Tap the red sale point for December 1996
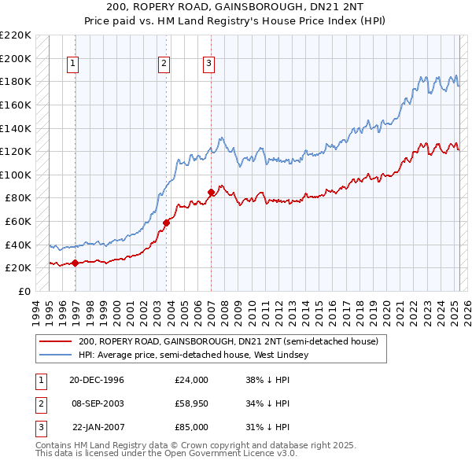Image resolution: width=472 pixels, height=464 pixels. (75, 263)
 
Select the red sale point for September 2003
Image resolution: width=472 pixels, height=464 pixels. (166, 223)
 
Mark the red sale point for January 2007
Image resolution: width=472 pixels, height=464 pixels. (211, 192)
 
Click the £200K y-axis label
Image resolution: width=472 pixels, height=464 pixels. (16, 58)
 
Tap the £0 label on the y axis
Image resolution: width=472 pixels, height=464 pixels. (24, 291)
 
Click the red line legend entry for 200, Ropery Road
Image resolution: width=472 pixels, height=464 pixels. (228, 342)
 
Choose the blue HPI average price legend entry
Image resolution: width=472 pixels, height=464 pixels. (194, 355)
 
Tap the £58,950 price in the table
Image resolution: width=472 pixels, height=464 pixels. (191, 403)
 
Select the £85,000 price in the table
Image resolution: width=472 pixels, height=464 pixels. (191, 427)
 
